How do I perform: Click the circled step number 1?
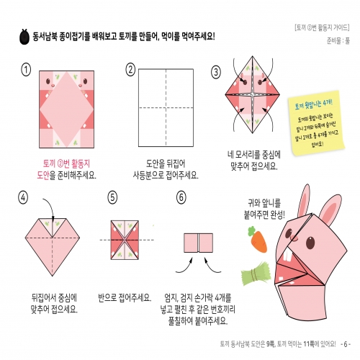27,70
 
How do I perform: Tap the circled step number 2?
130,70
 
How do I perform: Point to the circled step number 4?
25,197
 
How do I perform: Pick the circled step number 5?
112,197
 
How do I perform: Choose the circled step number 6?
181,197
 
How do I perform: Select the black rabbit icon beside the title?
24,36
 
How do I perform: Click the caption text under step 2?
166,169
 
